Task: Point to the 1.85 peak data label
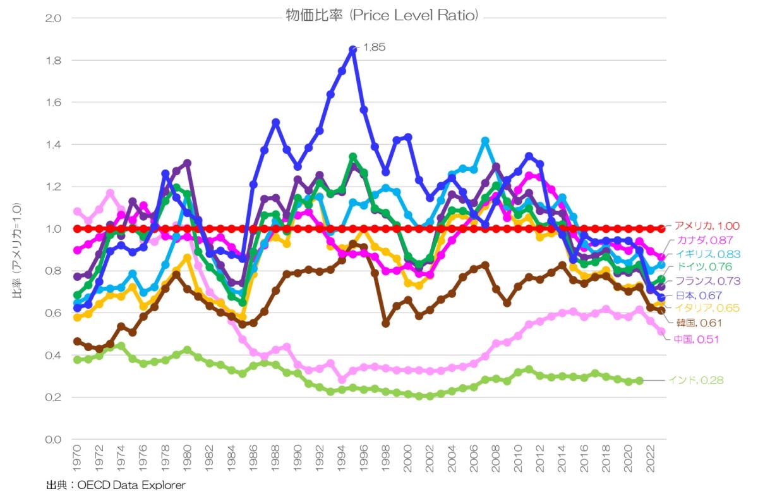[373, 47]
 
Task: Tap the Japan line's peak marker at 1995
[352, 49]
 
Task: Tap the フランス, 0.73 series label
[706, 280]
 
